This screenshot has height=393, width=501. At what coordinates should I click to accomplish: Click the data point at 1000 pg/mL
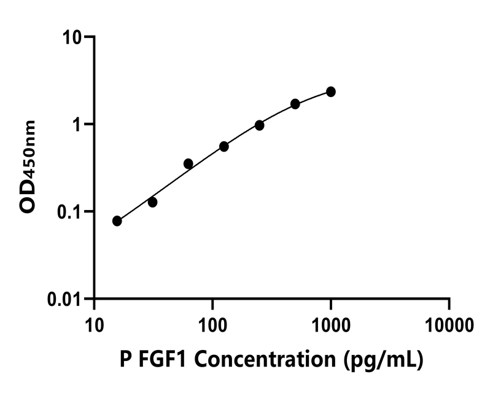pos(331,91)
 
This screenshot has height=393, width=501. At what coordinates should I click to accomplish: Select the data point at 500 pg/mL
pos(295,104)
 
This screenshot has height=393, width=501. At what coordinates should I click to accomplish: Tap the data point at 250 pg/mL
pos(260,125)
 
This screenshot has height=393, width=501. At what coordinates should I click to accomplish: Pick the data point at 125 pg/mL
pos(224,147)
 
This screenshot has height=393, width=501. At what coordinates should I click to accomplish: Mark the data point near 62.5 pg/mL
pos(188,163)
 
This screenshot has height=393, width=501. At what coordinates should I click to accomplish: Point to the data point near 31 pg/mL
pos(153,202)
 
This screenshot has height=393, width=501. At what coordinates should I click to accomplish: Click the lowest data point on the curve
pos(117,221)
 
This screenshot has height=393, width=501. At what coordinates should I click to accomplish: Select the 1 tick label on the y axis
pos(79,125)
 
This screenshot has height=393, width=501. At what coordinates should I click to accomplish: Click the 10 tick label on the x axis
pos(95,323)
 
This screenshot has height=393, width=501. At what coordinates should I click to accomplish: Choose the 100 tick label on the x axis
pos(212,323)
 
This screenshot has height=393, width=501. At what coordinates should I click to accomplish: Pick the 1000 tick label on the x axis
pos(331,323)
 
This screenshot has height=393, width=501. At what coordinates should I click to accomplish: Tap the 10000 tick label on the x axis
pos(449,323)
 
